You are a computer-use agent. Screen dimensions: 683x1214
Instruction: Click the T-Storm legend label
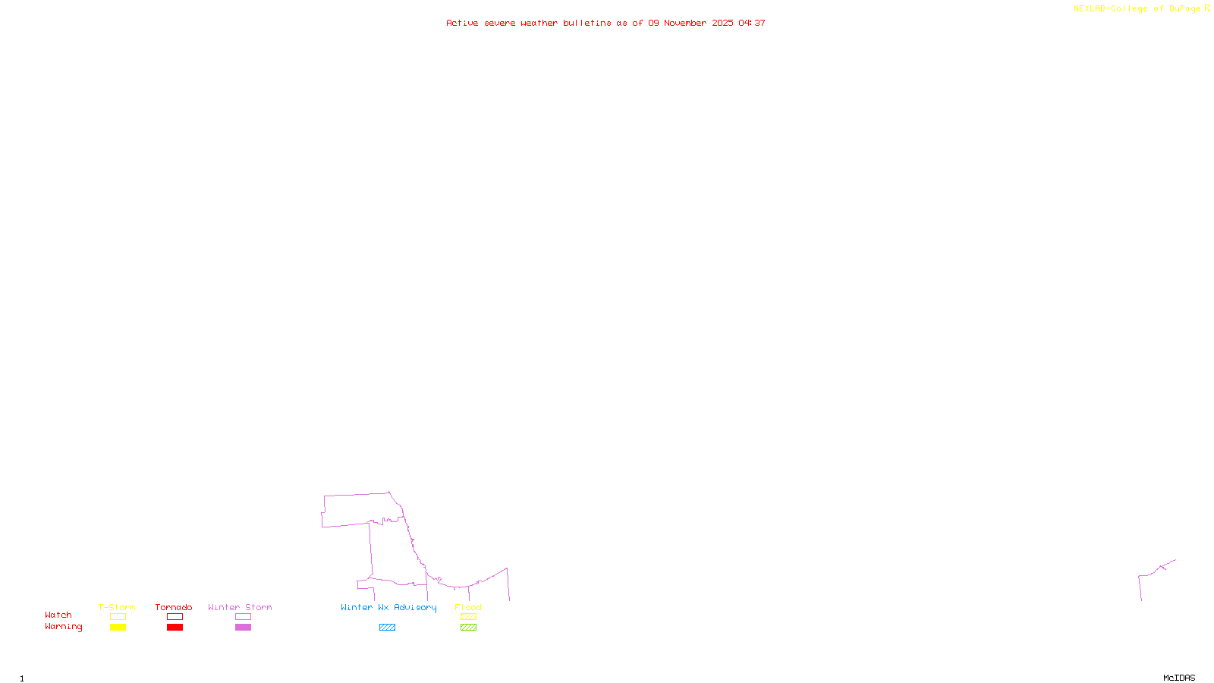pos(117,607)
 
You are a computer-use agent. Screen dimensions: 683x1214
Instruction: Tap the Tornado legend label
pos(174,607)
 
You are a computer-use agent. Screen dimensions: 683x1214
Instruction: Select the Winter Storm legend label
pos(240,607)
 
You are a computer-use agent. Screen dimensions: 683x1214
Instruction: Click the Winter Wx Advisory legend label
pos(388,607)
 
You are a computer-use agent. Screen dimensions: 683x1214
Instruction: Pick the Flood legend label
pos(468,607)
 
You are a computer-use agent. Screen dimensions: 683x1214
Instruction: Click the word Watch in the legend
pos(58,615)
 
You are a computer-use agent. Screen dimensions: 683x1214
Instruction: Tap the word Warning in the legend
pos(63,627)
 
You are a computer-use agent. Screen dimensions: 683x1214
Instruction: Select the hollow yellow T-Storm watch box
pos(118,617)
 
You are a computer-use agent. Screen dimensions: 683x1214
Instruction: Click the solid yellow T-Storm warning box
pos(118,628)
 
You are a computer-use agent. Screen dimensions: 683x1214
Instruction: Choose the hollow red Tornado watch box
pos(175,617)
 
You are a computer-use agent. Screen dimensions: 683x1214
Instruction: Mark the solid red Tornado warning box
pos(175,628)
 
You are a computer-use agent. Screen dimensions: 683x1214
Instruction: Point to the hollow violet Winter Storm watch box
pos(243,617)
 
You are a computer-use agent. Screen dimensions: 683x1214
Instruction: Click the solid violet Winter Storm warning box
pos(243,628)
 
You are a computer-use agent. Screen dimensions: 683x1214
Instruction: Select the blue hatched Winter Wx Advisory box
pos(387,628)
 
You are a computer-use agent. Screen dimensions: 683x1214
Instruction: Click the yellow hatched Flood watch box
pos(468,617)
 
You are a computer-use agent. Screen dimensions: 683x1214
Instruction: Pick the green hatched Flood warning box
pos(468,628)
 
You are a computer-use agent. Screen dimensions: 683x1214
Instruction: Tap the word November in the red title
pos(685,23)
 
